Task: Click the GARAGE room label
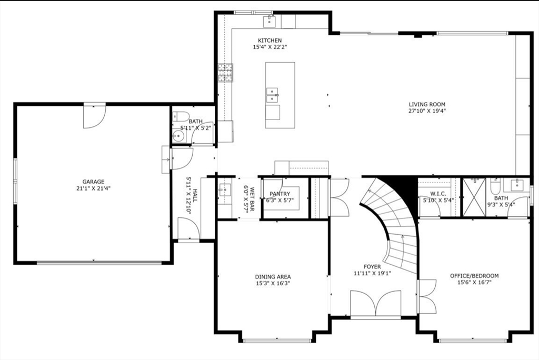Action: click(93, 182)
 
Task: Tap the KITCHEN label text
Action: click(269, 41)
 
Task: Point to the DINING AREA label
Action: click(273, 277)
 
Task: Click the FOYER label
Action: click(372, 267)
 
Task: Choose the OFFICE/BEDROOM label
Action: click(474, 276)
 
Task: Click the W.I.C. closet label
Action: click(438, 194)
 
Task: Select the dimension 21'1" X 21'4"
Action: click(93, 188)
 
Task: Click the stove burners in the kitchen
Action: click(225, 73)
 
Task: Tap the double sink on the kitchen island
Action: click(272, 95)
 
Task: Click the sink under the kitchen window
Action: click(271, 22)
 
